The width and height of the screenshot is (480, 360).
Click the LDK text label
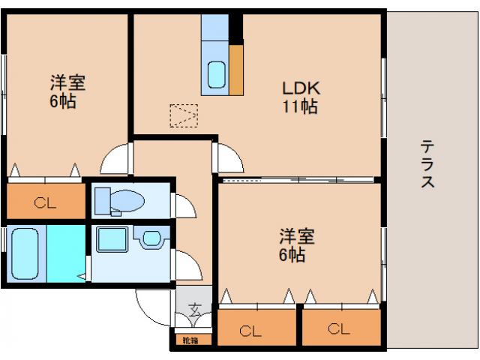(x=298, y=88)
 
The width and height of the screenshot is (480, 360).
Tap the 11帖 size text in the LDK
(x=299, y=106)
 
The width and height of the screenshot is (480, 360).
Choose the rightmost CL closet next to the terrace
(x=339, y=328)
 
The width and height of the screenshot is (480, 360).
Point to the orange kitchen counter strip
(x=236, y=70)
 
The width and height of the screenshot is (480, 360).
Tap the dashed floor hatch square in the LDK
(x=184, y=115)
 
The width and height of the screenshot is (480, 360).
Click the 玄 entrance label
(x=194, y=308)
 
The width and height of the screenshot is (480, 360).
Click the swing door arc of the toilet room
(x=182, y=204)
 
